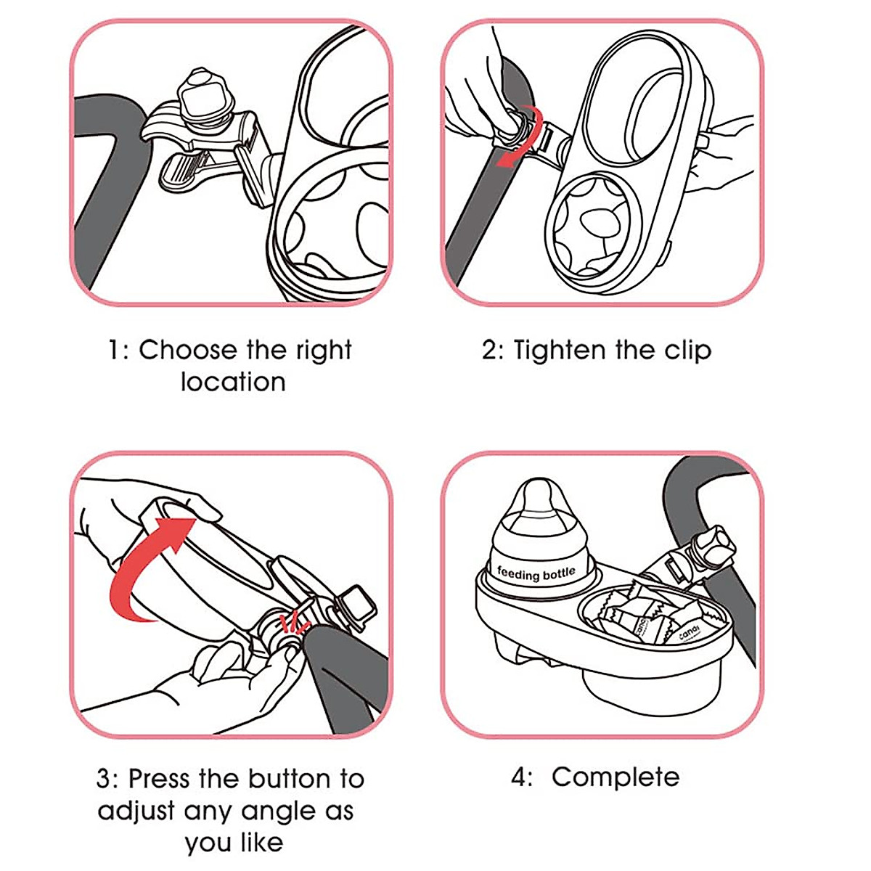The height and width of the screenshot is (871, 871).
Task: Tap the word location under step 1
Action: [233, 382]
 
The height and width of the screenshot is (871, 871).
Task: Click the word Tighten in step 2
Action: [559, 350]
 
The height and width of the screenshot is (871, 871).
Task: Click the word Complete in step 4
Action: [615, 777]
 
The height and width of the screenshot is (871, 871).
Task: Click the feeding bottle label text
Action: [536, 574]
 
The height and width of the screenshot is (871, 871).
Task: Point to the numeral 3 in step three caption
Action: [105, 779]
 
